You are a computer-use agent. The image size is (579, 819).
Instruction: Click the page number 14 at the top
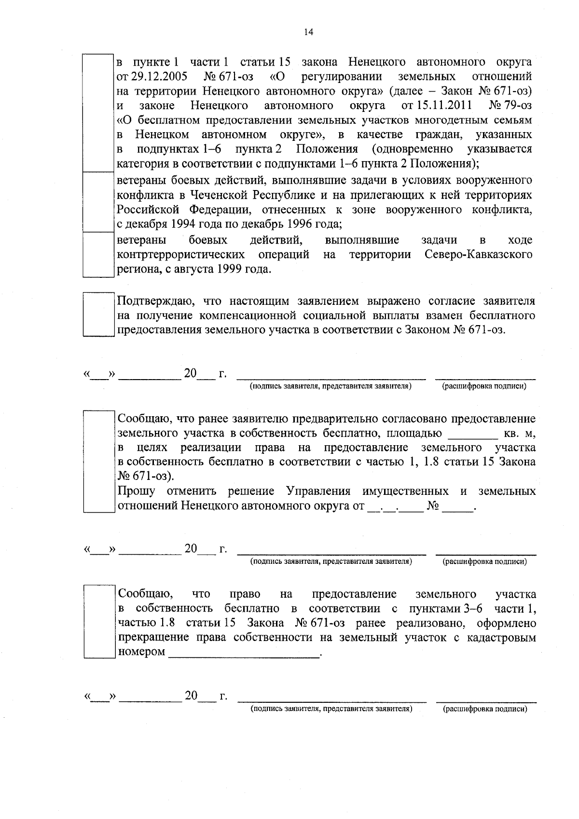(x=308, y=32)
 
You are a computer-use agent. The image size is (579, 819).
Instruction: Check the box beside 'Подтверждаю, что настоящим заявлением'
(x=98, y=314)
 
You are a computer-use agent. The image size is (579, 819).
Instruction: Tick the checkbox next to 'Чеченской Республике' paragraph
(x=98, y=202)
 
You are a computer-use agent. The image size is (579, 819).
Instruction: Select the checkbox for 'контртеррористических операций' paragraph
(x=98, y=254)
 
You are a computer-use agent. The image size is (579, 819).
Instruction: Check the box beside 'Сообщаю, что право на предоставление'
(x=98, y=621)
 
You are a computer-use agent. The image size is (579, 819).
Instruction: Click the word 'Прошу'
(x=137, y=491)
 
